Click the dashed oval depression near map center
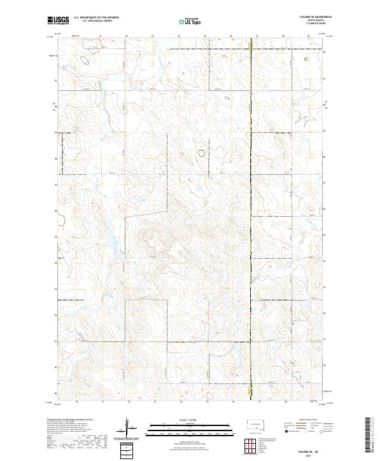pos(202,153)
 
